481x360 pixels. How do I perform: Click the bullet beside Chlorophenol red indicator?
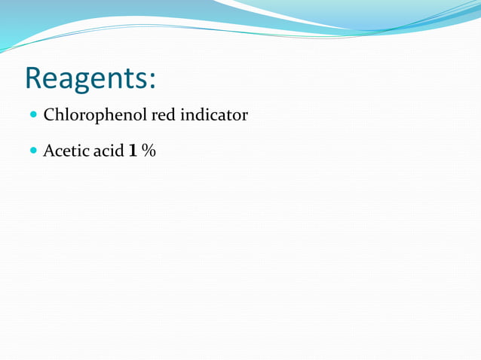(33, 116)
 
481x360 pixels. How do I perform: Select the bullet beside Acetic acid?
(33, 151)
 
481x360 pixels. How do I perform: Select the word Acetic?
(66, 151)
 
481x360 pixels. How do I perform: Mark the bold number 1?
(133, 151)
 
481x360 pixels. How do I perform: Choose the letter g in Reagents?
(89, 83)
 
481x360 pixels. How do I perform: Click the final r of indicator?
(244, 117)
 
